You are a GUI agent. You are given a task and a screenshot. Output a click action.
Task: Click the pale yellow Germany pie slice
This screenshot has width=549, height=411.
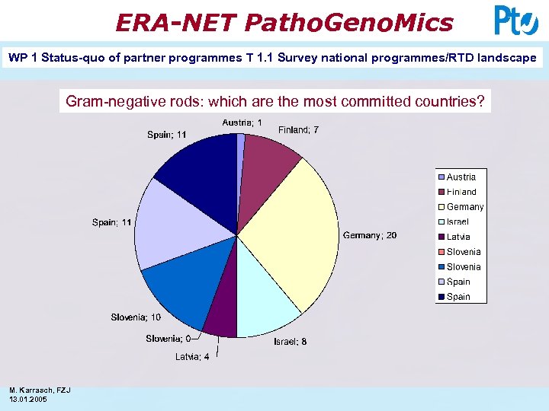click(294, 228)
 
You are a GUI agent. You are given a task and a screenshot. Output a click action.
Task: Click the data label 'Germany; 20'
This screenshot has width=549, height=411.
click(369, 236)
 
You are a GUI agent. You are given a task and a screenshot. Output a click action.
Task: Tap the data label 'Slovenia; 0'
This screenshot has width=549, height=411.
click(169, 339)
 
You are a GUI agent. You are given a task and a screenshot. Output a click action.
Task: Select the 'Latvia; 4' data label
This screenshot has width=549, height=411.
click(192, 357)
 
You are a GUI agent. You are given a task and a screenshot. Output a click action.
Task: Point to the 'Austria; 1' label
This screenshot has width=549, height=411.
click(242, 123)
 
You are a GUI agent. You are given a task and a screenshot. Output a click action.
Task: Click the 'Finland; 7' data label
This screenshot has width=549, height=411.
click(298, 130)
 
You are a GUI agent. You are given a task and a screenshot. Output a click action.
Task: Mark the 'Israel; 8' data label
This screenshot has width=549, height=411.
click(291, 342)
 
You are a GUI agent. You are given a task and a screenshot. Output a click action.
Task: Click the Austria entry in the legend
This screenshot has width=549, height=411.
click(461, 177)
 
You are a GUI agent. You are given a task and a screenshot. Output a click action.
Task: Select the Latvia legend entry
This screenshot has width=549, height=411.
click(458, 237)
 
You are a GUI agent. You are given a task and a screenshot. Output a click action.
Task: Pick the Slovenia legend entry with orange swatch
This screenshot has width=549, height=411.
click(464, 252)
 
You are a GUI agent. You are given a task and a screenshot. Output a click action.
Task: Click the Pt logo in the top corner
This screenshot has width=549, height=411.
click(516, 21)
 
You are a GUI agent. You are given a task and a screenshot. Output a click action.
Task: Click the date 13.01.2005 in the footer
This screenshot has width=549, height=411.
click(29, 399)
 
